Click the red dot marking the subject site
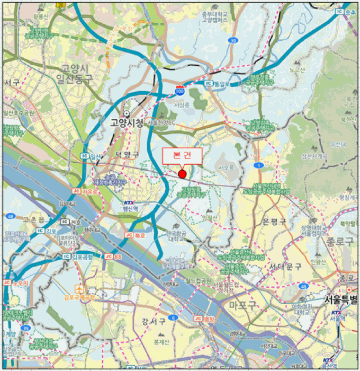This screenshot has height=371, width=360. click(182, 174)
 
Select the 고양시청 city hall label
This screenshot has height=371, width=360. click(127, 122)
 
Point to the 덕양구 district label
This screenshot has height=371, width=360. click(127, 154)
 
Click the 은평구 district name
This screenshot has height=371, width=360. click(274, 222)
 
